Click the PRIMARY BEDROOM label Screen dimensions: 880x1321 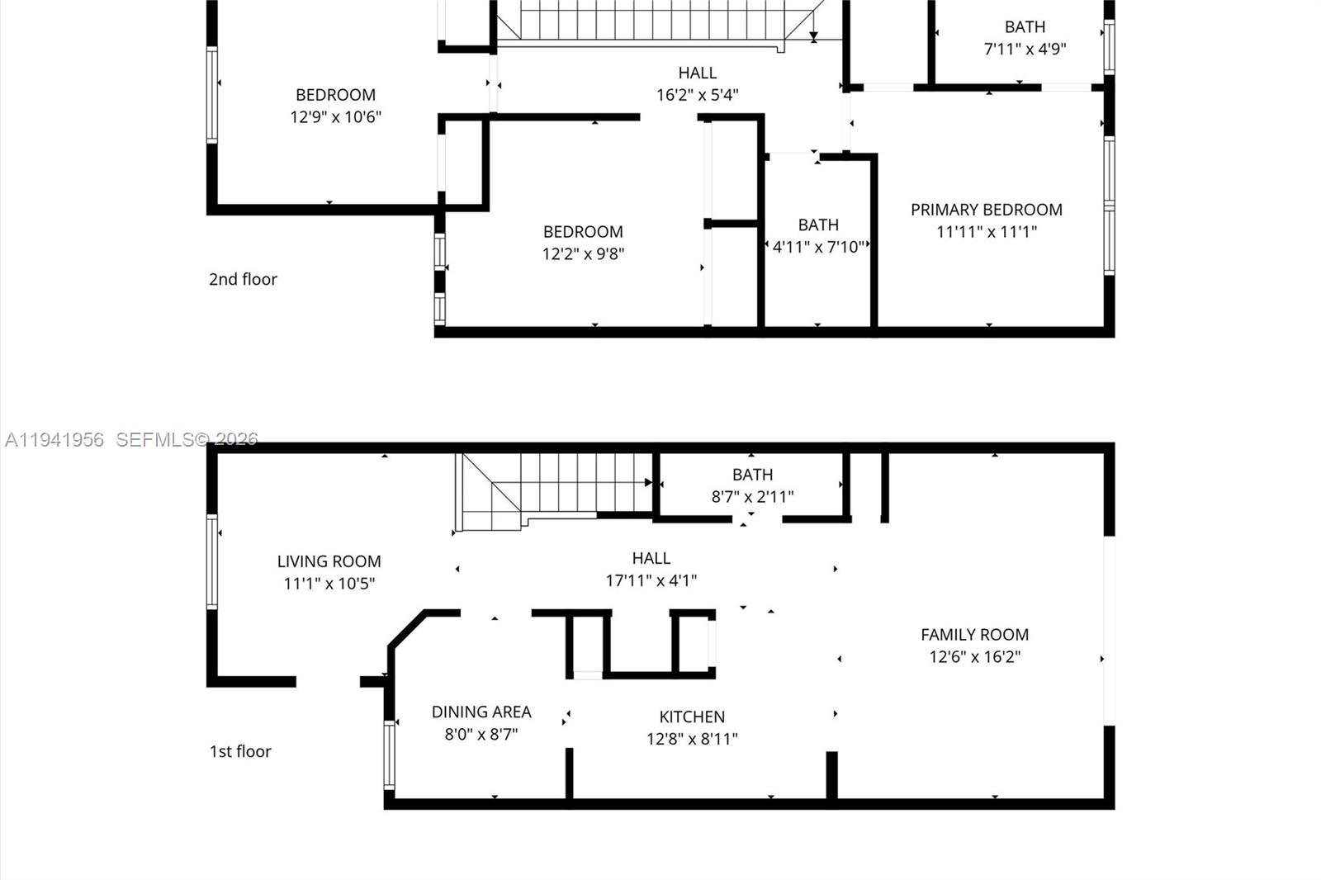pyautogui.click(x=986, y=210)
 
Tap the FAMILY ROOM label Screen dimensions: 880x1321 pyautogui.click(x=974, y=635)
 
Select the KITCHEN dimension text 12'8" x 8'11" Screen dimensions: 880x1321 pyautogui.click(x=692, y=739)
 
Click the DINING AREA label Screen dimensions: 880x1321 pyautogui.click(x=481, y=712)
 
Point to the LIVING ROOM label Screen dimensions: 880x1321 pyautogui.click(x=329, y=561)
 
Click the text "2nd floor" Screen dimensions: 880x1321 pyautogui.click(x=243, y=279)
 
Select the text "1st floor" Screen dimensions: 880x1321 pyautogui.click(x=240, y=751)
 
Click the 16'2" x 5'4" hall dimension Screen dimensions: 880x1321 pyautogui.click(x=697, y=95)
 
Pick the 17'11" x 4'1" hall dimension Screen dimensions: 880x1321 pyautogui.click(x=651, y=580)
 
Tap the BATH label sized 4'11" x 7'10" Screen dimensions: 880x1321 pyautogui.click(x=818, y=225)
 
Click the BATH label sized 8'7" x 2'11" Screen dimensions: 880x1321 pyautogui.click(x=752, y=475)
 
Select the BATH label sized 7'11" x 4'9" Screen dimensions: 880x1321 pyautogui.click(x=1025, y=27)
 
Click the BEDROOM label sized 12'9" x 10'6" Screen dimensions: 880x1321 pyautogui.click(x=335, y=95)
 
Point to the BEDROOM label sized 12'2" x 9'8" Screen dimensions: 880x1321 pyautogui.click(x=583, y=232)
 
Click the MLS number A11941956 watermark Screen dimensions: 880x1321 pyautogui.click(x=54, y=440)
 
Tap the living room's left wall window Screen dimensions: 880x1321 pyautogui.click(x=212, y=561)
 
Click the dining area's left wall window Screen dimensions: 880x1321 pyautogui.click(x=390, y=755)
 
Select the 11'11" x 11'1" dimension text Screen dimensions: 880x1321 pyautogui.click(x=986, y=232)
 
